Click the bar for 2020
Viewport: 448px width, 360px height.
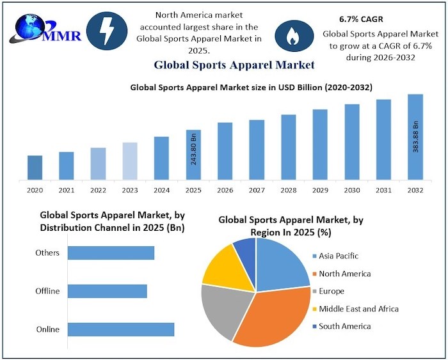[35, 168]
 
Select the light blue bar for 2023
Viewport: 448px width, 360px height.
[130, 161]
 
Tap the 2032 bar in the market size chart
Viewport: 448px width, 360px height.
[415, 137]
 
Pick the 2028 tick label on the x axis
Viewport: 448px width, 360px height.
[289, 190]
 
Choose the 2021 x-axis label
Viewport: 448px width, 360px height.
[67, 190]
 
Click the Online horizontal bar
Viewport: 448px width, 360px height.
[121, 329]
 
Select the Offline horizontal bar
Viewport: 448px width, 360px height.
[108, 291]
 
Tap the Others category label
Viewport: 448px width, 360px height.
[47, 253]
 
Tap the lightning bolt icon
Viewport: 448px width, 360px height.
[106, 31]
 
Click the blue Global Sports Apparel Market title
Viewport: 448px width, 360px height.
[234, 65]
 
